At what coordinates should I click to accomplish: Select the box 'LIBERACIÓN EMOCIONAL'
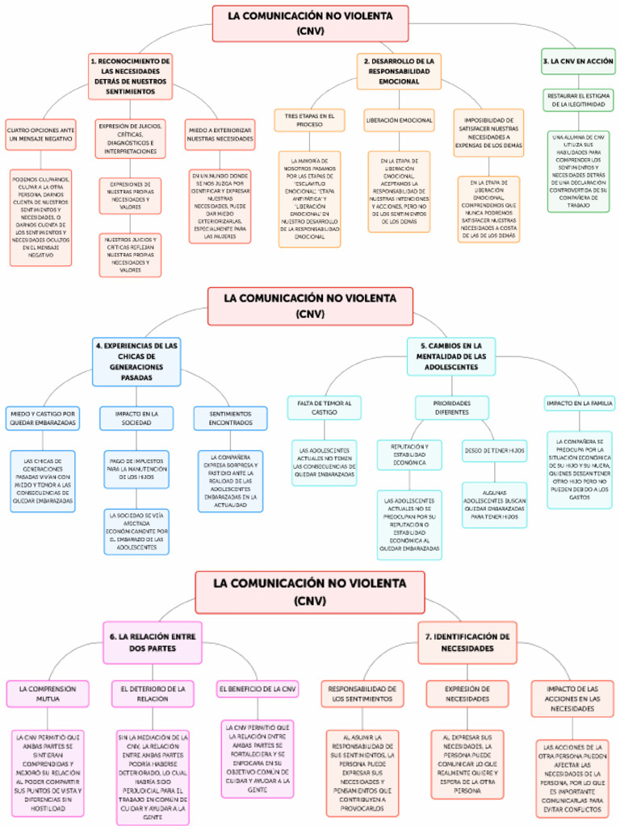pyautogui.click(x=399, y=119)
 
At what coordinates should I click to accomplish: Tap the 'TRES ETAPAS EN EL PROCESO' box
pyautogui.click(x=309, y=120)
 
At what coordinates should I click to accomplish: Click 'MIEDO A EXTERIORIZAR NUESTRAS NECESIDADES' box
pyautogui.click(x=220, y=134)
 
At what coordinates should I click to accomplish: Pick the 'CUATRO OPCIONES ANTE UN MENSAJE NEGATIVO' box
pyautogui.click(x=41, y=134)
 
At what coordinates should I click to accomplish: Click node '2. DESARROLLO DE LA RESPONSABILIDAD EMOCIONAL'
pyautogui.click(x=399, y=71)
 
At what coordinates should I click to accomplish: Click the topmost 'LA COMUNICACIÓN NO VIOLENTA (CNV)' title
pyautogui.click(x=310, y=23)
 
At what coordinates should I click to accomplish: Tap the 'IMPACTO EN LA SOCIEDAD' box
pyautogui.click(x=136, y=417)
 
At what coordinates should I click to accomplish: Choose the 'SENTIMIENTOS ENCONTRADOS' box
pyautogui.click(x=230, y=417)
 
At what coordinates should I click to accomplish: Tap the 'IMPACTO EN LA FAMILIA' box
pyautogui.click(x=579, y=403)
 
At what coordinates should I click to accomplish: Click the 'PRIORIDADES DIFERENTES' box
pyautogui.click(x=451, y=407)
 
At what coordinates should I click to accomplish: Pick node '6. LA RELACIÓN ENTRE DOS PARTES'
pyautogui.click(x=153, y=642)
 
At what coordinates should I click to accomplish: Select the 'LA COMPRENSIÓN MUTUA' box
pyautogui.click(x=47, y=694)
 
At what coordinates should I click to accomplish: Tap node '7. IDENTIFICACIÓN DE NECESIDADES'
pyautogui.click(x=467, y=642)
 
